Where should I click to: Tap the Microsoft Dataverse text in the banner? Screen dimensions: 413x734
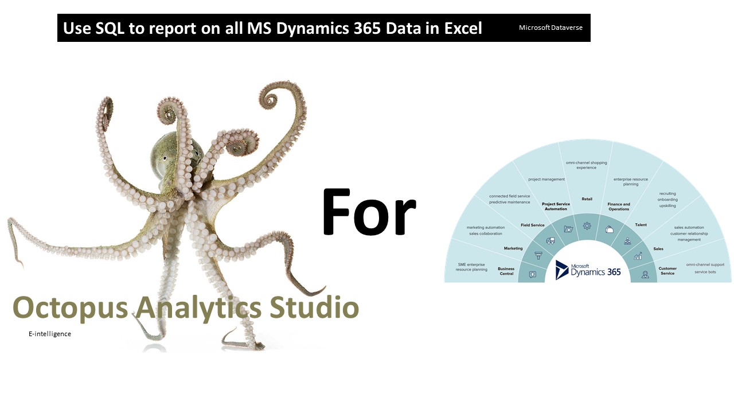pos(550,28)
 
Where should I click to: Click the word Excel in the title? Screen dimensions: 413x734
pos(463,28)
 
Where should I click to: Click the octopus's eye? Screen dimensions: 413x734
pos(165,158)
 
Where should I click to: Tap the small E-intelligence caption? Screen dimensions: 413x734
pos(50,334)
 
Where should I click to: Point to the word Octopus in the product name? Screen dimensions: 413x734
pos(70,309)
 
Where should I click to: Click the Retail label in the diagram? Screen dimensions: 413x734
pos(587,199)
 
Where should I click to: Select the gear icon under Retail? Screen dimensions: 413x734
pos(587,226)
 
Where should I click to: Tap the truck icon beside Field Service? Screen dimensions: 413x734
pos(550,241)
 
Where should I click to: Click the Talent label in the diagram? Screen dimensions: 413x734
pos(641,225)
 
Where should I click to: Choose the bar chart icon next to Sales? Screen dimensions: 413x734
pos(638,256)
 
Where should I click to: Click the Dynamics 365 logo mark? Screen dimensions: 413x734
pos(562,270)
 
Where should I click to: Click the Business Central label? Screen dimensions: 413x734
pos(506,271)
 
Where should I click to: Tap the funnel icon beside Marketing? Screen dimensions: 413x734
pos(538,256)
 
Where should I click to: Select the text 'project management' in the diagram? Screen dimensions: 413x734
pos(546,179)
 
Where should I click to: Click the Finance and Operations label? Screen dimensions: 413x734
pos(619,206)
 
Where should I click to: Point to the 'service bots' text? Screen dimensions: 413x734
pos(705,272)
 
